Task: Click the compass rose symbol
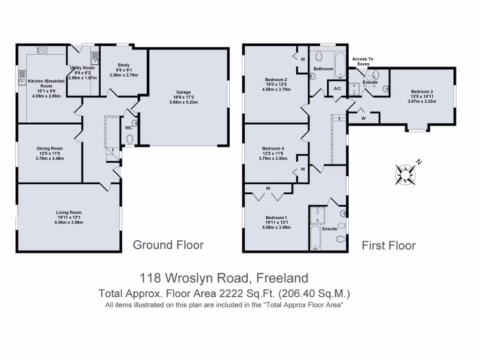click(405, 173)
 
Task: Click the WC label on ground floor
click(128, 127)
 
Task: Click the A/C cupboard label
click(337, 89)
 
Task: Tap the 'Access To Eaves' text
click(363, 61)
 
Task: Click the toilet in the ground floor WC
click(130, 139)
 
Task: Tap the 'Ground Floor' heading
click(168, 245)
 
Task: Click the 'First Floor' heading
click(389, 245)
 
